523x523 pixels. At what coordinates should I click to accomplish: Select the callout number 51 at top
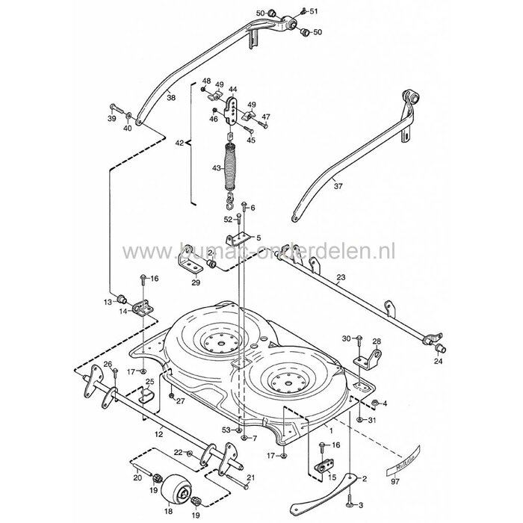[313, 10]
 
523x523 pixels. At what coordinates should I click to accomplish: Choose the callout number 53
[226, 430]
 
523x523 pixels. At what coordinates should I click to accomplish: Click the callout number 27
[181, 400]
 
